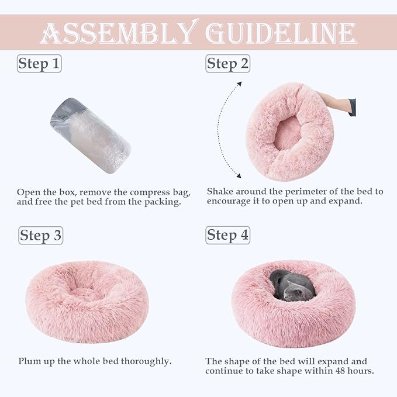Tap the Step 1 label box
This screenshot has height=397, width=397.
(x=39, y=63)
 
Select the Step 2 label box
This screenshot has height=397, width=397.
(x=227, y=64)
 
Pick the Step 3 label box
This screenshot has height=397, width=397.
(x=40, y=236)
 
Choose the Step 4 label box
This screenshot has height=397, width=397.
(x=227, y=235)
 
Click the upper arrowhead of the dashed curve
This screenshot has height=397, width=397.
(x=238, y=84)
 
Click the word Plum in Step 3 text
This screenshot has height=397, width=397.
(x=29, y=361)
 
